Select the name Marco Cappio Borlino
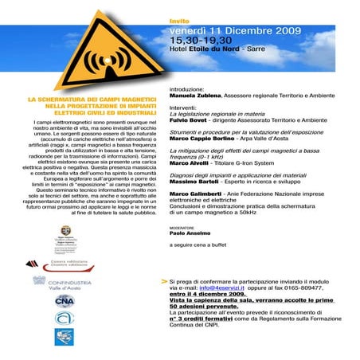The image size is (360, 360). tap(203, 141)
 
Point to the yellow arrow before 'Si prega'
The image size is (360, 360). tap(164, 281)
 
